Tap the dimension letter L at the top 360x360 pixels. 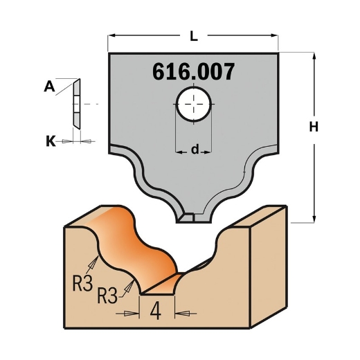pyautogui.click(x=193, y=33)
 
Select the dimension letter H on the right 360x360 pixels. pyautogui.click(x=313, y=127)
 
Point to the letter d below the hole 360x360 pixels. pyautogui.click(x=195, y=148)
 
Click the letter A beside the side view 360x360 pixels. pyautogui.click(x=49, y=86)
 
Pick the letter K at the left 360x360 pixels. pyautogui.click(x=49, y=141)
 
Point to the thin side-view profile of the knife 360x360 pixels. pyautogui.click(x=76, y=102)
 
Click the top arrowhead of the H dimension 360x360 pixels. pyautogui.click(x=313, y=55)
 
